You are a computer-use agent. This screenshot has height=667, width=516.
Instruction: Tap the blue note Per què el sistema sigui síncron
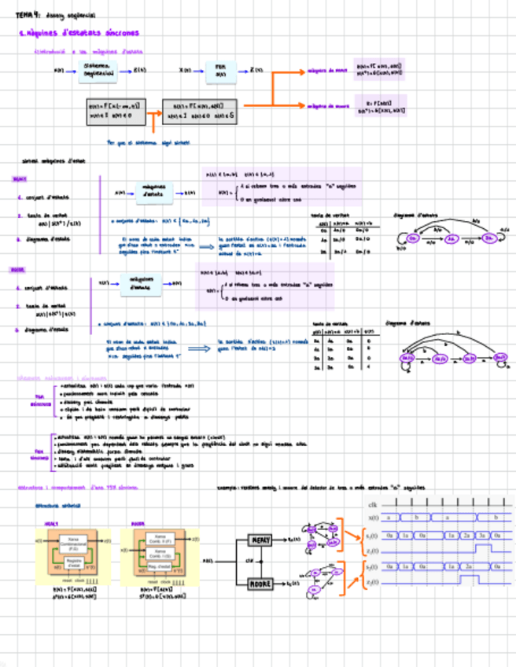pyautogui.click(x=148, y=143)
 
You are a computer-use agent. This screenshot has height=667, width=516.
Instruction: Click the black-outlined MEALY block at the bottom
pyautogui.click(x=260, y=540)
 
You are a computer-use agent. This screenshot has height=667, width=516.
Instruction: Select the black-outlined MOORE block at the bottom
pyautogui.click(x=260, y=584)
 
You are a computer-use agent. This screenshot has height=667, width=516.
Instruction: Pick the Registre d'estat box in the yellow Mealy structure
pyautogui.click(x=71, y=564)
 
